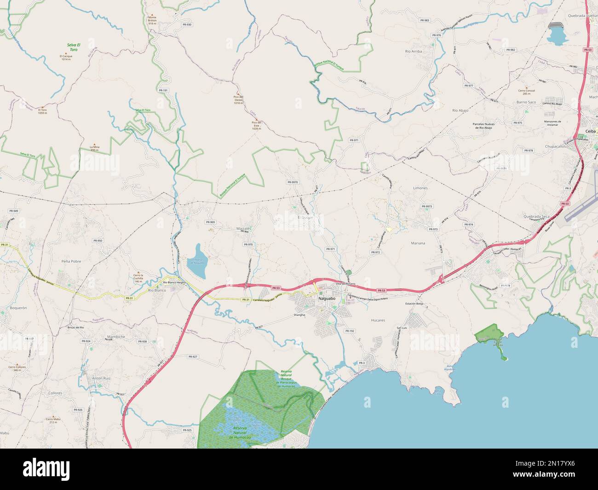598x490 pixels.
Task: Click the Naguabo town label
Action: pos(326,299)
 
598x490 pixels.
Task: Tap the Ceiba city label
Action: pos(590,131)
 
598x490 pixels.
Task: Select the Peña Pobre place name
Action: pos(71,261)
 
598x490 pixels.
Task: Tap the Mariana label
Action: pos(418,242)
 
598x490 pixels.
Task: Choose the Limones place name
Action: pos(420,188)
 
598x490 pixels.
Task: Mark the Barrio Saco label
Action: pos(526,102)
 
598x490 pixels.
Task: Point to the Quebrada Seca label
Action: pos(536,216)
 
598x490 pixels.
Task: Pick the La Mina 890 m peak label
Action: pos(95,148)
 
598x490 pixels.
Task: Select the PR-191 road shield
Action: pos(163,91)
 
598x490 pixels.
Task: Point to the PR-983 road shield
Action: pos(424,20)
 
